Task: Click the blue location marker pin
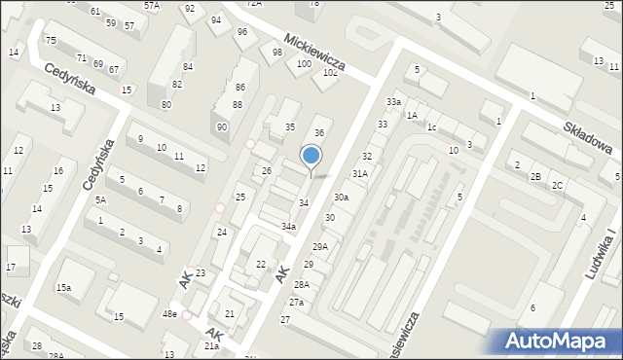point(311,157)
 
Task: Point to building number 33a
point(393,102)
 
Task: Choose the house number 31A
point(360,173)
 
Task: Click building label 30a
point(341,197)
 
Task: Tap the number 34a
point(288,227)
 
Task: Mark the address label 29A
point(319,247)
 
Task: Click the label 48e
point(169,314)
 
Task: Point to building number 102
point(331,72)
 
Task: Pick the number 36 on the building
point(318,132)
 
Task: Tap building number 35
point(289,127)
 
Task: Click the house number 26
point(266,171)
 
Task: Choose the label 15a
point(63,288)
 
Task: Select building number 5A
point(99,200)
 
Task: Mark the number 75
point(51,41)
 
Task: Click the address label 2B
point(535,176)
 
